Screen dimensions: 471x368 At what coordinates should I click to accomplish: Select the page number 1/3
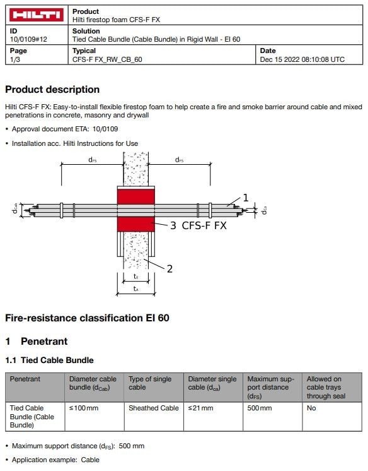point(15,59)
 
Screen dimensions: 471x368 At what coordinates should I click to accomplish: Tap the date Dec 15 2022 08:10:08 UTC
point(302,59)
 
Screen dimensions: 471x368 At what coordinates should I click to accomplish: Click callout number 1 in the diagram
point(246,198)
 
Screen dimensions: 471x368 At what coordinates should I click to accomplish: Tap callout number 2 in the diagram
point(169,268)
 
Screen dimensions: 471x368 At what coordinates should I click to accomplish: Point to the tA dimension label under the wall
point(135,289)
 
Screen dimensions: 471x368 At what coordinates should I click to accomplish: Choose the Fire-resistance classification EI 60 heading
point(87,318)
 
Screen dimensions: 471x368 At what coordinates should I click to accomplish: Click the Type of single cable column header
point(150,383)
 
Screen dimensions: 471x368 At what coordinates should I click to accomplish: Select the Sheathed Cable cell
point(154,408)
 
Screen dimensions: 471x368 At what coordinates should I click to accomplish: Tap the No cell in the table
point(311,408)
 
